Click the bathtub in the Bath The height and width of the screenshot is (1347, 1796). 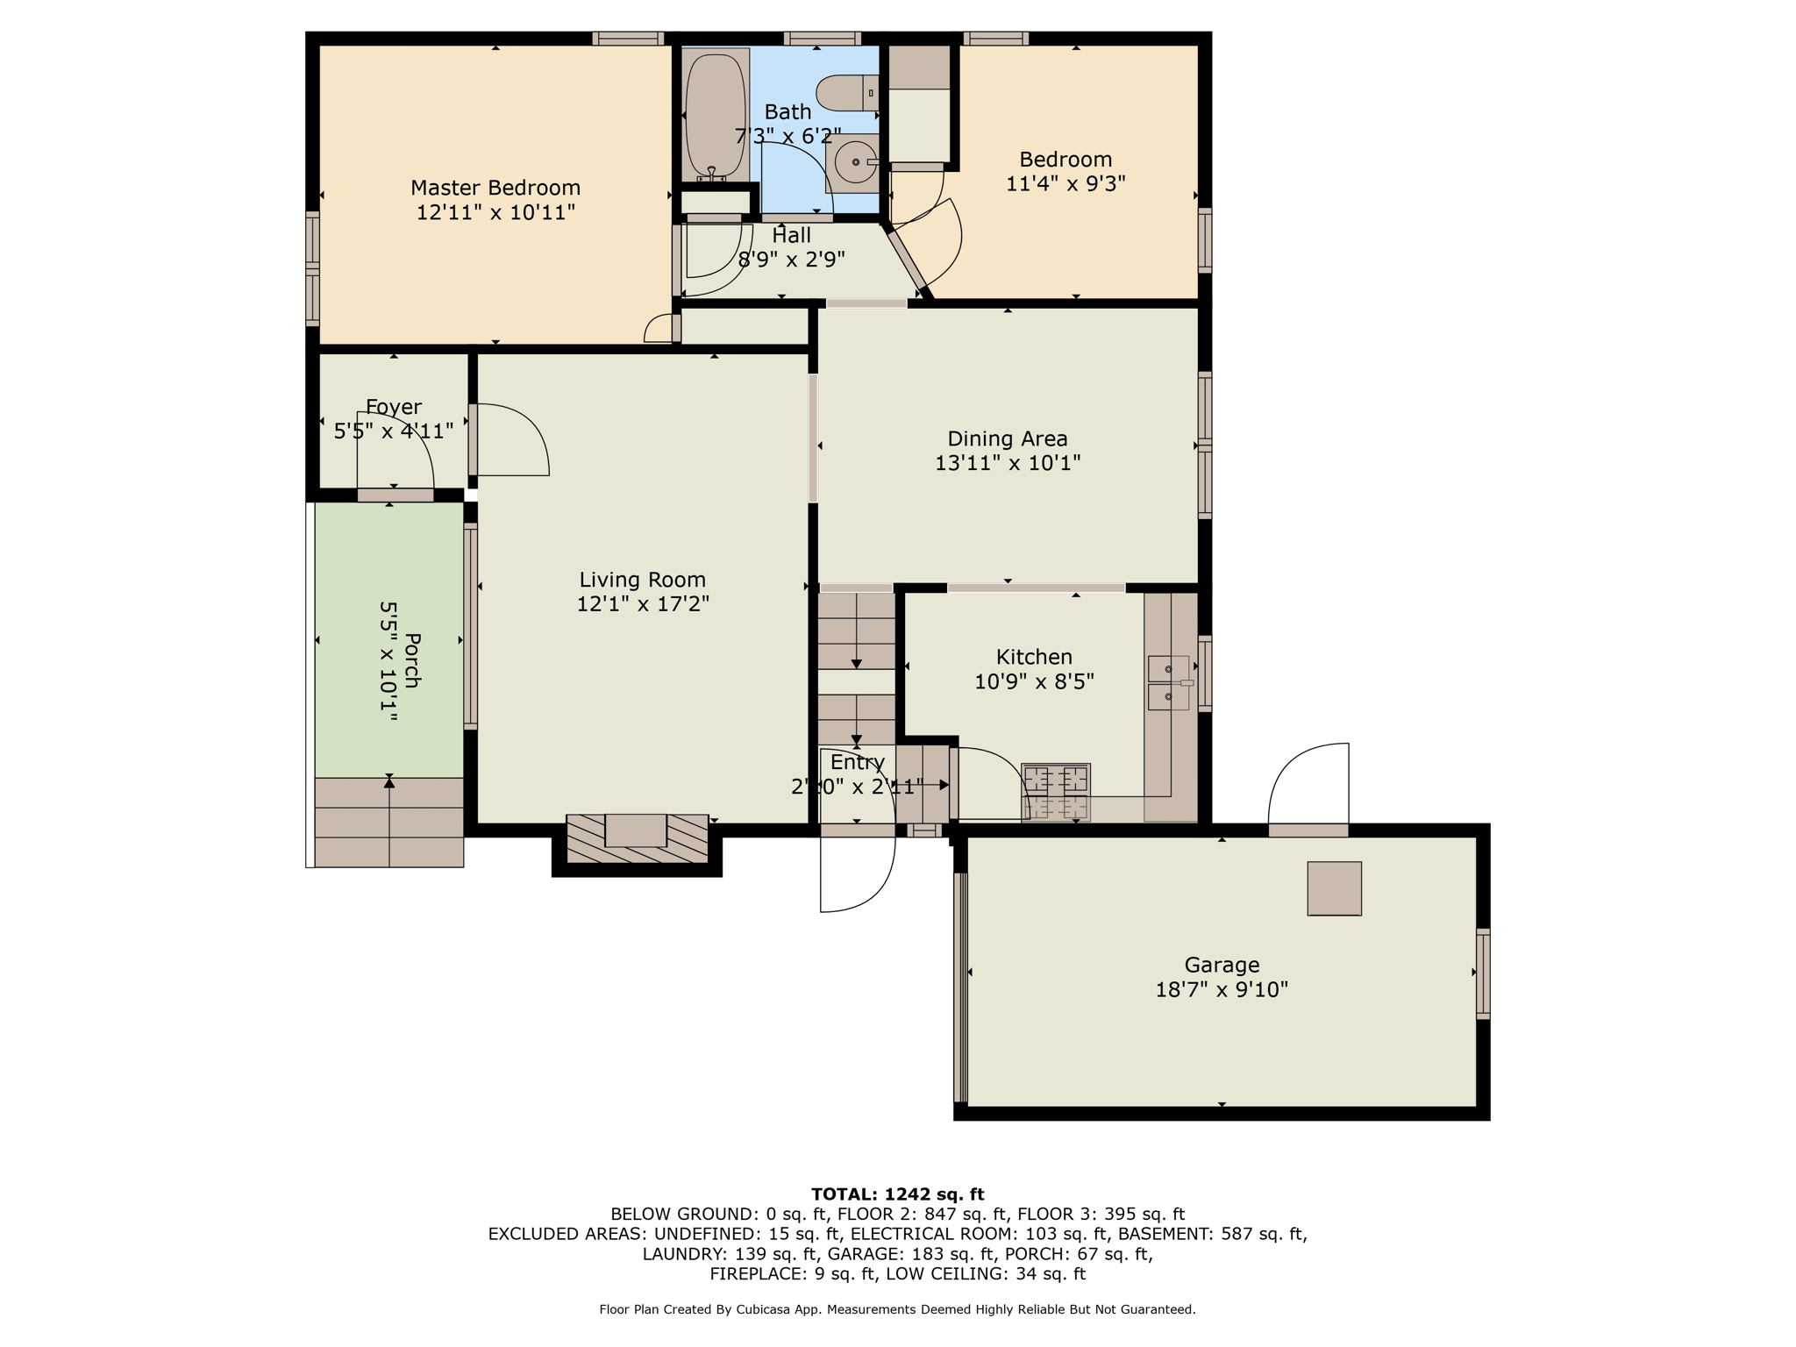(716, 115)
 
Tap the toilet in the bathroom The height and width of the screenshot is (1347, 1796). (847, 92)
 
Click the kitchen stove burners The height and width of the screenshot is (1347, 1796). (1056, 792)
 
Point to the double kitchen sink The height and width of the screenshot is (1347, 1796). (1169, 683)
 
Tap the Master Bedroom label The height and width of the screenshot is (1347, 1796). (495, 188)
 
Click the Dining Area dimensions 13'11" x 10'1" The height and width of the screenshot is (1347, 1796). (1008, 463)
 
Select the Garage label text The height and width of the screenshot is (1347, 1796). (1222, 966)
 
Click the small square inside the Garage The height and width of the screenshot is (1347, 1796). (1334, 888)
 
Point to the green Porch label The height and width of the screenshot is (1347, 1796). (412, 660)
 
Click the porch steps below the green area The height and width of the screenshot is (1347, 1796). (388, 823)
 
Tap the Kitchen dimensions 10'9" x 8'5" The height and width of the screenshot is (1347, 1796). (1035, 681)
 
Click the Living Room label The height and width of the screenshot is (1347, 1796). (643, 580)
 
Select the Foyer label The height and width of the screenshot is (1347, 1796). (394, 407)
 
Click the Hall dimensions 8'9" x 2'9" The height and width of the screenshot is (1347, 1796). (792, 260)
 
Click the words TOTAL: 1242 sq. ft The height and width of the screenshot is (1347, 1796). (898, 1194)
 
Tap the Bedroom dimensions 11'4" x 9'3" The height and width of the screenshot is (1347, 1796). (1065, 184)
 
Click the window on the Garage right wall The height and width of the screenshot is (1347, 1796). (1483, 973)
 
